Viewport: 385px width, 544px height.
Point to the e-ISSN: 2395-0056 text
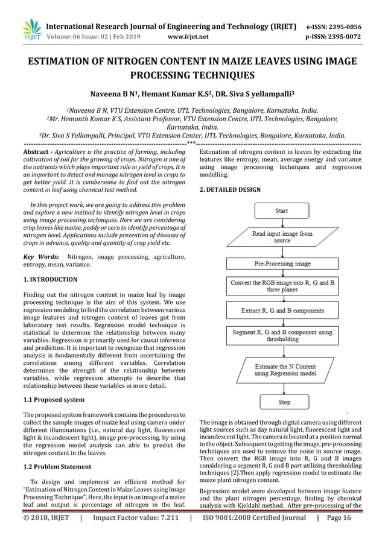(x=334, y=27)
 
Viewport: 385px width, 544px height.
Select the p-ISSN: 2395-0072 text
(x=334, y=36)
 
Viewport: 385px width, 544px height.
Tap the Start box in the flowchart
(x=281, y=211)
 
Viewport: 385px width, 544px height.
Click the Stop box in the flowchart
(x=284, y=402)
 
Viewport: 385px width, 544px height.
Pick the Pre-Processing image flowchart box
(x=282, y=264)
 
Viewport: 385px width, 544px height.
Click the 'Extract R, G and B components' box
(x=282, y=311)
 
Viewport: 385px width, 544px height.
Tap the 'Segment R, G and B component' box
(x=282, y=337)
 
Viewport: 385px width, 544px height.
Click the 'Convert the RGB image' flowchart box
(x=282, y=285)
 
